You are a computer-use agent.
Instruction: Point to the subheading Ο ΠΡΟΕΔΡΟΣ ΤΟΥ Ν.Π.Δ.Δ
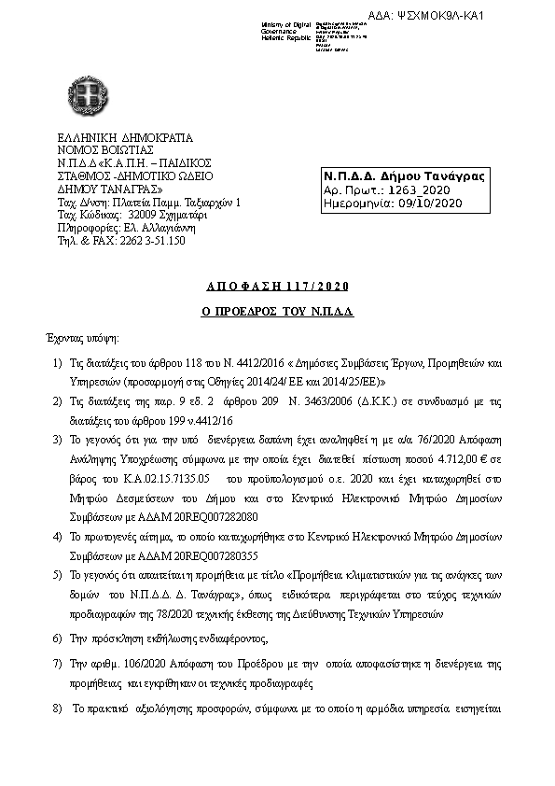tap(279, 309)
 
